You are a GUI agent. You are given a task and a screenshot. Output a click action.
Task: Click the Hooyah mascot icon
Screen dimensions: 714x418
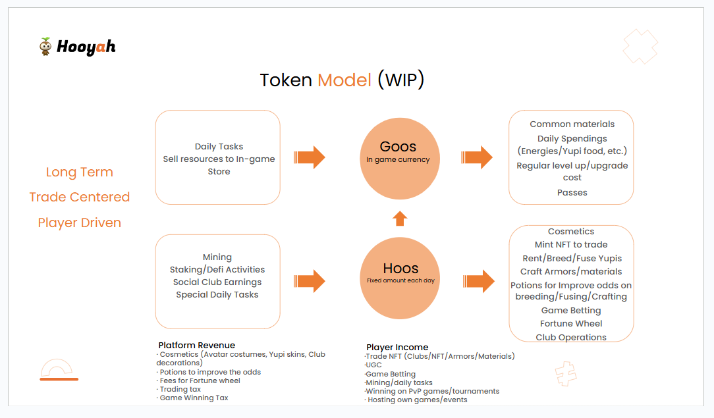[45, 46]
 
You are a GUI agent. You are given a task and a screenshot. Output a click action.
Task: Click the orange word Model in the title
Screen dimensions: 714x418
[344, 80]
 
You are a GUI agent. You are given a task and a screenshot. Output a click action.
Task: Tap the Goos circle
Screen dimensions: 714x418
[400, 158]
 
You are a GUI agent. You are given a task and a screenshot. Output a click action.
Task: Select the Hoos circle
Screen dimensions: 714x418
[400, 278]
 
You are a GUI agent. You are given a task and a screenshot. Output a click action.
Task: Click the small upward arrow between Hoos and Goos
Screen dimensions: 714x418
[400, 219]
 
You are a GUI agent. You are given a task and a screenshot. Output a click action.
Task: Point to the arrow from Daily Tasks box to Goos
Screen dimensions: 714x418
[309, 157]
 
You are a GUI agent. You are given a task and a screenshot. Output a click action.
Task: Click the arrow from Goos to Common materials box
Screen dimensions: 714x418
[477, 157]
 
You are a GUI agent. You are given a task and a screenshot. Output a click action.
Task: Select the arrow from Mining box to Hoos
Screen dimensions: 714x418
[309, 281]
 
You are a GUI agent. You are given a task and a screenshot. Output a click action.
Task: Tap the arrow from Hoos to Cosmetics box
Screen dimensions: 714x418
[479, 281]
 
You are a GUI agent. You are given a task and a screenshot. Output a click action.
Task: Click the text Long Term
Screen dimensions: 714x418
[79, 172]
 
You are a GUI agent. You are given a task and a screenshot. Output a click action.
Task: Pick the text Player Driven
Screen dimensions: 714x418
[79, 223]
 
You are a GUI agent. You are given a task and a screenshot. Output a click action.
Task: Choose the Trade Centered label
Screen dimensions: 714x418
[79, 197]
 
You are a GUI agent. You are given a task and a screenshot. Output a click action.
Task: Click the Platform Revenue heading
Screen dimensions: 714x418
[197, 345]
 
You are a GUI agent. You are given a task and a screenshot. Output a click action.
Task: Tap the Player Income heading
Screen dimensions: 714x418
[397, 347]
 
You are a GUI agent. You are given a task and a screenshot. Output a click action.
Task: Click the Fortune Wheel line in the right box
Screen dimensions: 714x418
[571, 323]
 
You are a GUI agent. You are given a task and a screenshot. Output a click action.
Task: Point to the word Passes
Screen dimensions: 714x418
[572, 192]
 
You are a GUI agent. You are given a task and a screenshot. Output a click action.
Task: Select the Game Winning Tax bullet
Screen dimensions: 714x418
[192, 398]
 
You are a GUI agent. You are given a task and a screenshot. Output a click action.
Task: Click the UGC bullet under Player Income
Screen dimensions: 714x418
[373, 365]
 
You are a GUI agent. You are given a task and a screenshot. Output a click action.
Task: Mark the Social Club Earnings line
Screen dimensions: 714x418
[217, 282]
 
